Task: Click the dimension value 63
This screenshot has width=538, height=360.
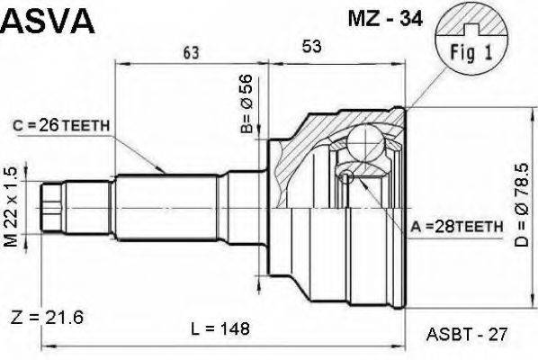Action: click(x=191, y=53)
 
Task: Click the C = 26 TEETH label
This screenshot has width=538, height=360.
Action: click(x=62, y=126)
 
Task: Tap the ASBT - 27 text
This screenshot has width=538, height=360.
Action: click(x=466, y=332)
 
